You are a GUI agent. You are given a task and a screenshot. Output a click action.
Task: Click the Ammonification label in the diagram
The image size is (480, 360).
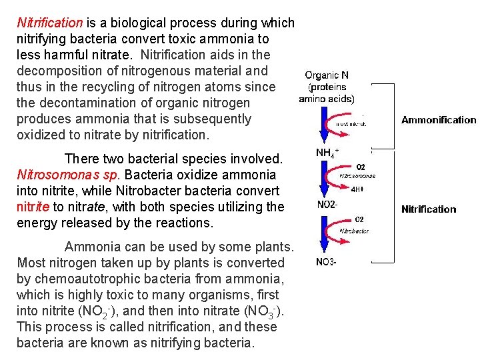439,120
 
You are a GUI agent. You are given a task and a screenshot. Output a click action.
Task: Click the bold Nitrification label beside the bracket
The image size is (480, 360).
429,209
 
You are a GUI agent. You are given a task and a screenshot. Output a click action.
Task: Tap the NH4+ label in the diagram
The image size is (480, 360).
327,152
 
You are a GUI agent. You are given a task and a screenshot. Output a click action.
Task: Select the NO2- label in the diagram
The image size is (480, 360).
327,205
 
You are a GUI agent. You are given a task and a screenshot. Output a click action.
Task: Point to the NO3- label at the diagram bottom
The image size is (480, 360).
326,262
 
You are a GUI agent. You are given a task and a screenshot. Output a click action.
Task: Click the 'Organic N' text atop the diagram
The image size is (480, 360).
327,76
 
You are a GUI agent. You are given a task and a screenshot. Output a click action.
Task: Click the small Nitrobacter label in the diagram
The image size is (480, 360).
355,231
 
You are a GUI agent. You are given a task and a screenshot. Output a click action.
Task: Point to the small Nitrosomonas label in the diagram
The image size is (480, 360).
357,176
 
